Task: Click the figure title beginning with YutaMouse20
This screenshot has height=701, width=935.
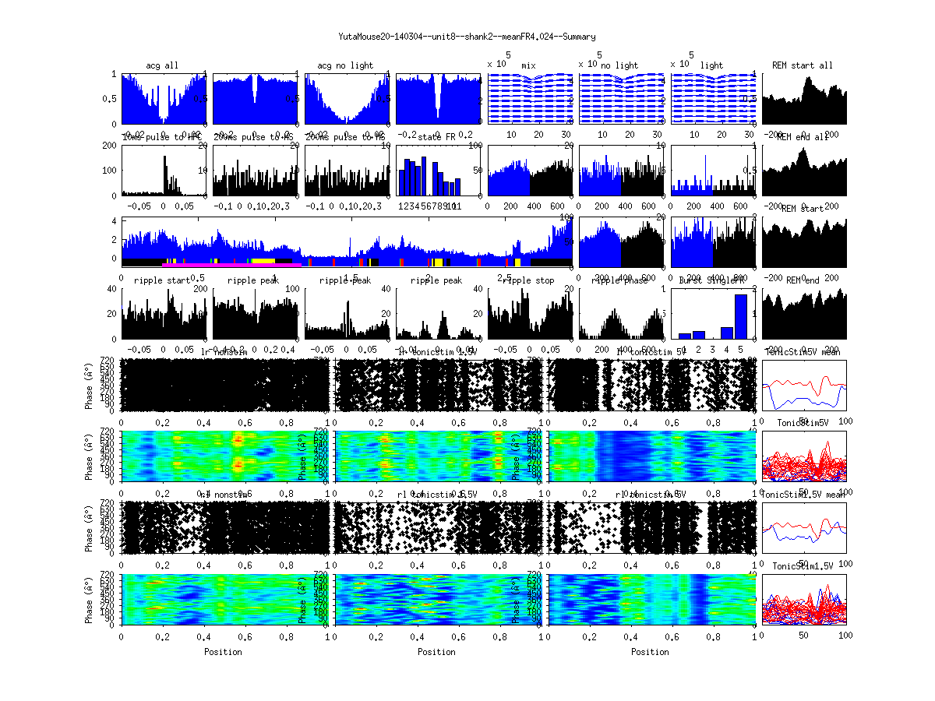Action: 467,36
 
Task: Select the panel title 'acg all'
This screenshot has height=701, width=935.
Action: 161,65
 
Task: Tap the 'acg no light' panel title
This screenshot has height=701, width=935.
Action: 344,65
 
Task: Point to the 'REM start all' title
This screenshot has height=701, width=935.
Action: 803,65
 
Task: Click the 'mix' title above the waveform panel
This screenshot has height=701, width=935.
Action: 528,65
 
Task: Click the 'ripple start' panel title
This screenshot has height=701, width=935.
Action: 161,280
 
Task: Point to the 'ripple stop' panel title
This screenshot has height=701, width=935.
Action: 528,280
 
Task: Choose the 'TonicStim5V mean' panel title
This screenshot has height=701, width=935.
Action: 803,353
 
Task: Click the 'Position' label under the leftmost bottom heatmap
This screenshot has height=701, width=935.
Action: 223,651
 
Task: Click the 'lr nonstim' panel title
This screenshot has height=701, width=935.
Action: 223,353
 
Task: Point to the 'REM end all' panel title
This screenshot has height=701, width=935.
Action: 803,138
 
